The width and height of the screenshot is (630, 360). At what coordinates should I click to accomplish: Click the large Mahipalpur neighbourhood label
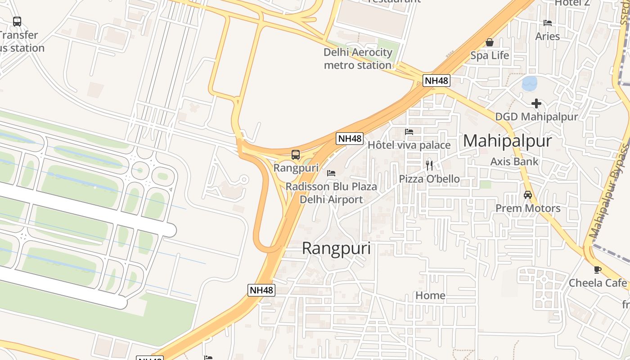click(507, 141)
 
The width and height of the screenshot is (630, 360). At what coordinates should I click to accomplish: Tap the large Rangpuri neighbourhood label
click(336, 248)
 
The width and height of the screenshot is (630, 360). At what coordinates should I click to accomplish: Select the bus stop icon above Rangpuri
click(296, 155)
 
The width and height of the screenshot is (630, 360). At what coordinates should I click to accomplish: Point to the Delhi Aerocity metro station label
click(358, 58)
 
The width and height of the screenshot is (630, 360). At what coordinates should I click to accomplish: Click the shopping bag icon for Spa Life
click(490, 43)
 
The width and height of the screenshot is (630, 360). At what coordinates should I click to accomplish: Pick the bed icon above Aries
click(548, 23)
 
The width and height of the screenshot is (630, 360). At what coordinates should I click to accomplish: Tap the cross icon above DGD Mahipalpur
click(536, 104)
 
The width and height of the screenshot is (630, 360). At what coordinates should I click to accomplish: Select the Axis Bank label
click(514, 162)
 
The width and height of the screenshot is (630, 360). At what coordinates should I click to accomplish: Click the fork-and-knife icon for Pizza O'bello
click(429, 166)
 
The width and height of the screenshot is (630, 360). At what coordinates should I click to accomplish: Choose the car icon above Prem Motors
click(528, 195)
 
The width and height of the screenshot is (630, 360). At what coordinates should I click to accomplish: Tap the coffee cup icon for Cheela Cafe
click(598, 270)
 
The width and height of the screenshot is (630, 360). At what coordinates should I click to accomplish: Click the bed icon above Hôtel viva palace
click(409, 132)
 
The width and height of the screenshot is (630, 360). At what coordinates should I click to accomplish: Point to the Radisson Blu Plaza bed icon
click(331, 173)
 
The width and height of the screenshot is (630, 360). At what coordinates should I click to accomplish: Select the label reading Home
click(430, 296)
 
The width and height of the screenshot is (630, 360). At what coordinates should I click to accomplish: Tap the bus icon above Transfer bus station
click(17, 21)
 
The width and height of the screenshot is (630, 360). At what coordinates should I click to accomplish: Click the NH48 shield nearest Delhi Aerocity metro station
click(436, 81)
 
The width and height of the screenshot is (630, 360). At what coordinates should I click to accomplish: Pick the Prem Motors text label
click(528, 208)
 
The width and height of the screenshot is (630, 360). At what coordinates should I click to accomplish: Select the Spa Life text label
click(490, 56)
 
